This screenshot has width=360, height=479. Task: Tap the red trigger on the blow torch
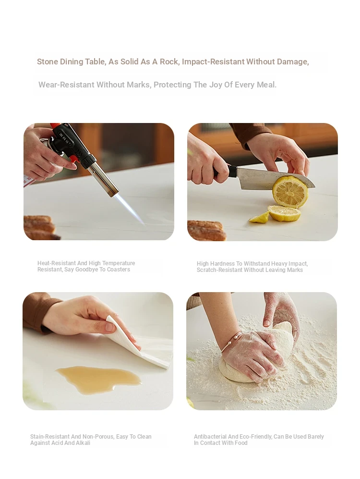click(73, 159)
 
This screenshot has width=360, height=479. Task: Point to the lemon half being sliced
click(290, 192)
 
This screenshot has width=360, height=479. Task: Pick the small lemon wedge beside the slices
click(259, 217)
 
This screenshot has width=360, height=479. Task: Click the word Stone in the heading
click(48, 61)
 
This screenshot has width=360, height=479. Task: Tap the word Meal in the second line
click(267, 85)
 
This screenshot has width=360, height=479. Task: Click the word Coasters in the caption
click(118, 270)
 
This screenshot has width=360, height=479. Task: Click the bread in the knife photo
click(206, 230)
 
